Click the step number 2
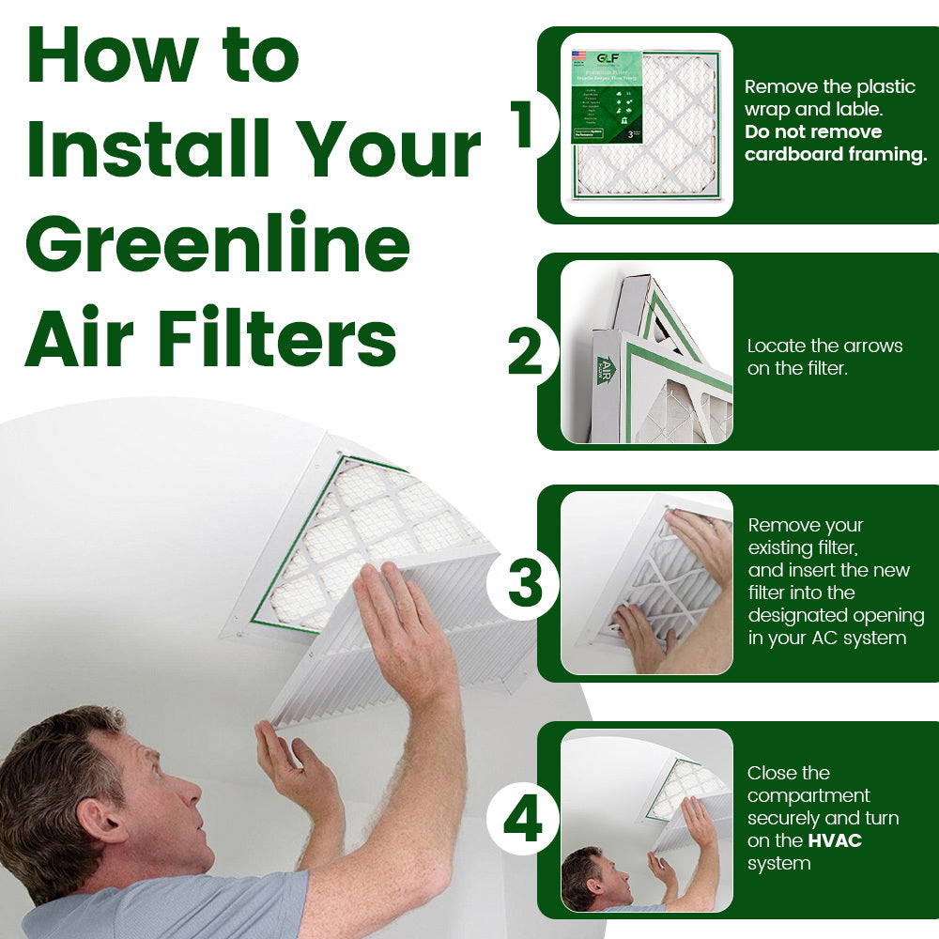coord(526,352)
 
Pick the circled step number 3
coord(525,582)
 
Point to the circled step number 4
coord(523,820)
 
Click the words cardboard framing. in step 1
coord(836,155)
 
